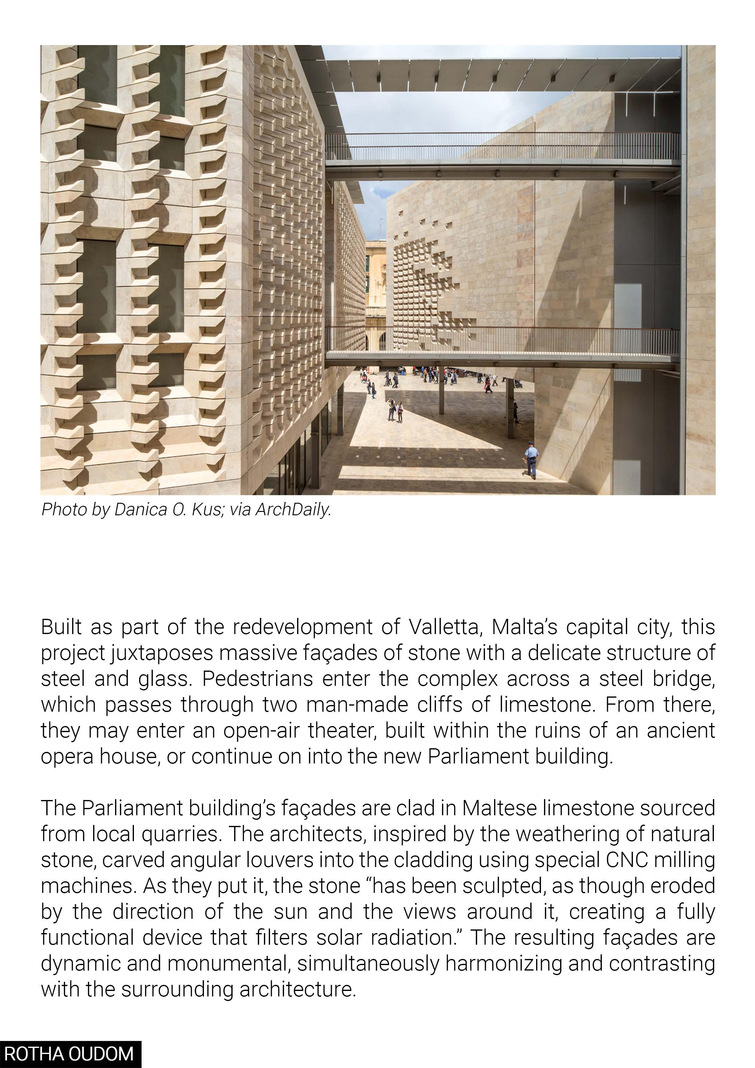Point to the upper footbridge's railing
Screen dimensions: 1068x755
tap(502, 146)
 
